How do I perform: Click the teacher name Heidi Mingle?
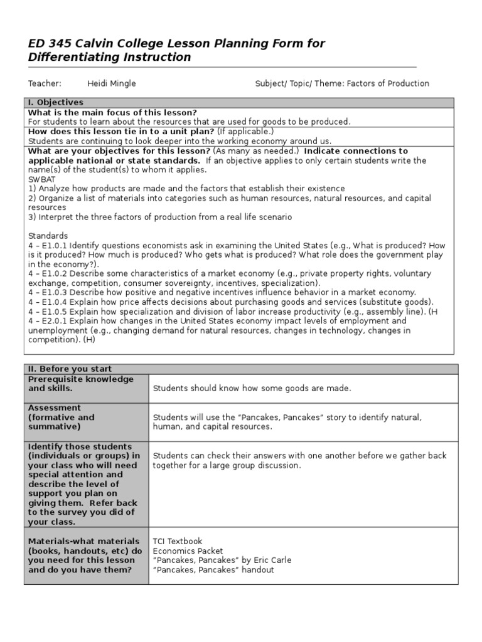[x=111, y=83]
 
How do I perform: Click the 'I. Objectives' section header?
[x=56, y=102]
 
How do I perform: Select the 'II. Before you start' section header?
[x=70, y=369]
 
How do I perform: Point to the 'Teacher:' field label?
[x=45, y=83]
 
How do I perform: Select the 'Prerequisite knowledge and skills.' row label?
[x=81, y=384]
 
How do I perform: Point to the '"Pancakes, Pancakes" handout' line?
[x=213, y=570]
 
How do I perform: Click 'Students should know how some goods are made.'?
[x=252, y=388]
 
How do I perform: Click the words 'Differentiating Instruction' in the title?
[x=109, y=58]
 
